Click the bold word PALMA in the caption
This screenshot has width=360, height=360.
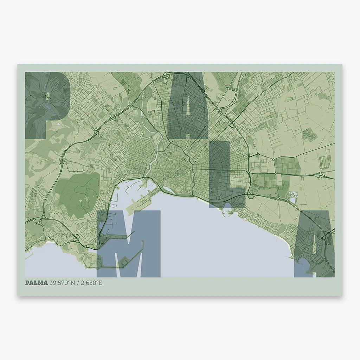click(x=37, y=283)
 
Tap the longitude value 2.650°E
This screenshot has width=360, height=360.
click(x=92, y=283)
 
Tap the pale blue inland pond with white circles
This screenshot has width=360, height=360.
click(x=293, y=197)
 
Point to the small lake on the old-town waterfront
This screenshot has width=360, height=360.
click(x=169, y=190)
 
